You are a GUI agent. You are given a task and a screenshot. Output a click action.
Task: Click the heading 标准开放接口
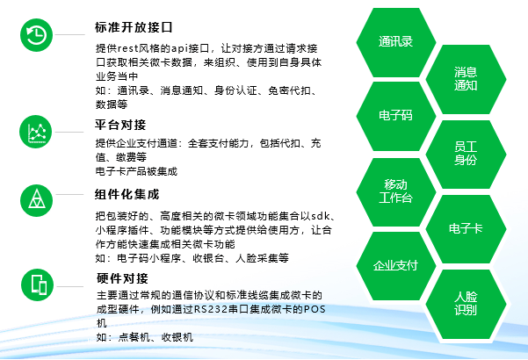[134, 27]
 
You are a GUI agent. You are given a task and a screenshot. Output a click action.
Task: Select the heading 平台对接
[120, 125]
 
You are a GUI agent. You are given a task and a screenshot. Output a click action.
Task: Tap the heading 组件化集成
[127, 194]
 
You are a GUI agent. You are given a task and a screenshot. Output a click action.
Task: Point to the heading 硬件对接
[122, 278]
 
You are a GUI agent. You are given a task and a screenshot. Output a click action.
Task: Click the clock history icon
[36, 35]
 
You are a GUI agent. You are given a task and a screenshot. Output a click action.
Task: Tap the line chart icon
[36, 132]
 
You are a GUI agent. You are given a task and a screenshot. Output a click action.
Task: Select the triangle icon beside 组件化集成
[36, 200]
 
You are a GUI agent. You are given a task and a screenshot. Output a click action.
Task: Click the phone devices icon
[38, 284]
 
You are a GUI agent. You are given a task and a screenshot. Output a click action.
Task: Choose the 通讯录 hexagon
[395, 42]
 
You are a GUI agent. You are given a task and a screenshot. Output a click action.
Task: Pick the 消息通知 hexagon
[466, 79]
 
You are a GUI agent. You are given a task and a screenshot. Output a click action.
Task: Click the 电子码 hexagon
[395, 116]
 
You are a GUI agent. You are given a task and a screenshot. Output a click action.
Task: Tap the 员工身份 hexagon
[466, 154]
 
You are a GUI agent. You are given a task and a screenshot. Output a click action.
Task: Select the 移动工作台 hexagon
[395, 191]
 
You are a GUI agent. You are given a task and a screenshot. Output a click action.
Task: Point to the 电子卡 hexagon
[466, 229]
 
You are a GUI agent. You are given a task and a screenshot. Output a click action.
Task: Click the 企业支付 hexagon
[395, 266]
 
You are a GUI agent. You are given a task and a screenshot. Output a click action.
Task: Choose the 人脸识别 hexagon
[466, 304]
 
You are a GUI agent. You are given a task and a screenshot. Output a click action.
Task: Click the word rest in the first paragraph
[127, 48]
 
